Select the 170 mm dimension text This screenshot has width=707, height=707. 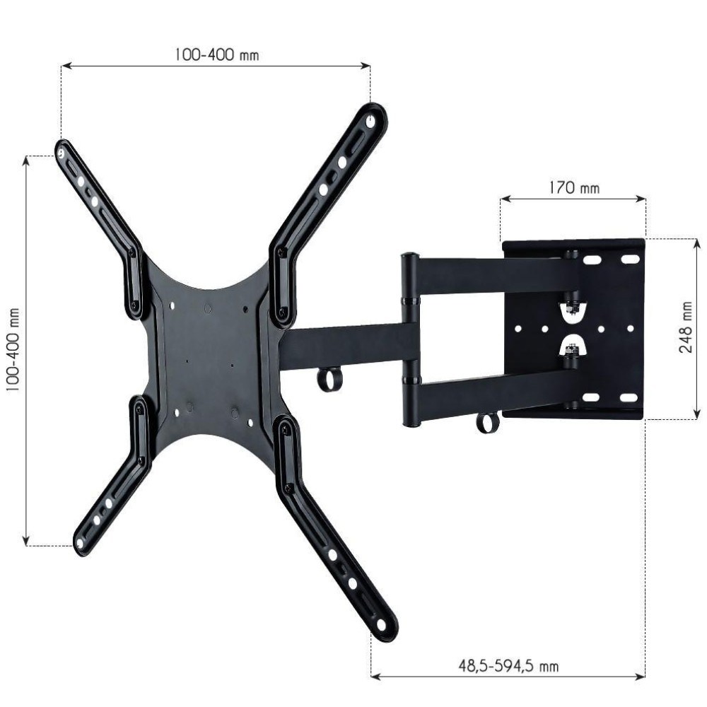pos(573,188)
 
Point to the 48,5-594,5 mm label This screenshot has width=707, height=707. pos(508,665)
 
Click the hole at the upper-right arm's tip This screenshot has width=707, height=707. pos(370,121)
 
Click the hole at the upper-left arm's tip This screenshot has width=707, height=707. pos(62,151)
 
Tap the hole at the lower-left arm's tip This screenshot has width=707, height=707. pos(80,543)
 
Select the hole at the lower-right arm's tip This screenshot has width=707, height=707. pos(382,624)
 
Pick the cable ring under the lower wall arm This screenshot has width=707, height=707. pos(487,423)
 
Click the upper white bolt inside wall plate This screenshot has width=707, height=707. pos(573,308)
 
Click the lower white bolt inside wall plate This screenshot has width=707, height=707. pos(573,348)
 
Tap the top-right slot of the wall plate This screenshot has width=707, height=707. pos(629,260)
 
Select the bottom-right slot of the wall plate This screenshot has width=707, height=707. pos(629,397)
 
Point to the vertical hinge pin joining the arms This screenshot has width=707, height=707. pos(409,339)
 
